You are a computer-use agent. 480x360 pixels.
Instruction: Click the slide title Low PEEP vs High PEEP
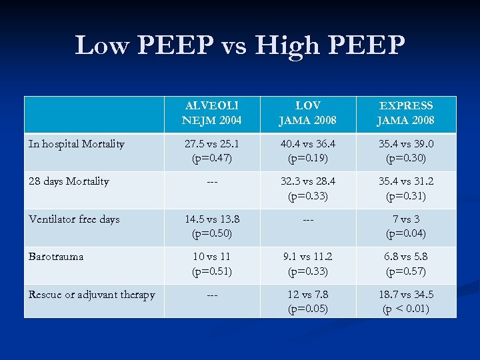[240, 45]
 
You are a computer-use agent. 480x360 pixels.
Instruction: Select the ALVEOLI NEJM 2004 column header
[211, 113]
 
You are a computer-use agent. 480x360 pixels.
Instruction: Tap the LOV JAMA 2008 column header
[307, 113]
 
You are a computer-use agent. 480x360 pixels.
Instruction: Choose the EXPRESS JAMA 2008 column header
[406, 113]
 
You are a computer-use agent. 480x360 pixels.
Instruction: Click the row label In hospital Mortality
[76, 144]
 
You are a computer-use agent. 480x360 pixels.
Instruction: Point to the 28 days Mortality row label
[69, 181]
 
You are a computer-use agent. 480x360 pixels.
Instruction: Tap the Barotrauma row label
[56, 257]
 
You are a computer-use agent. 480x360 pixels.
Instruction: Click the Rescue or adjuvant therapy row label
[92, 295]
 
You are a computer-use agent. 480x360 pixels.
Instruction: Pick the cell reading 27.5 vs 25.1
[211, 151]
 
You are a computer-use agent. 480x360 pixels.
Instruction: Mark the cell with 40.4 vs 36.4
[307, 151]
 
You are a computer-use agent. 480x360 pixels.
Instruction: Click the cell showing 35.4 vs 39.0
[406, 151]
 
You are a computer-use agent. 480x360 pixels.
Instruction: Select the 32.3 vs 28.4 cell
[307, 189]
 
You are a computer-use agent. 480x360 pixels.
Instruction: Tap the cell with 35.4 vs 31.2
[406, 189]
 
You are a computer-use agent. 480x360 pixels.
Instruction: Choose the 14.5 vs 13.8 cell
[211, 227]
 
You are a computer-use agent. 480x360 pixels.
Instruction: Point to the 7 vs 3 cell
[406, 227]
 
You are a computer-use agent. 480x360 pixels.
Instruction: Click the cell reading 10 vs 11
[211, 264]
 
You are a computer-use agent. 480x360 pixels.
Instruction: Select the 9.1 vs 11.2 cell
[307, 264]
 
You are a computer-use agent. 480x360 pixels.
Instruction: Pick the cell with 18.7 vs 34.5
[406, 302]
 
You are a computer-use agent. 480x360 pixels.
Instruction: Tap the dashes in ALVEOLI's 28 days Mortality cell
[211, 182]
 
